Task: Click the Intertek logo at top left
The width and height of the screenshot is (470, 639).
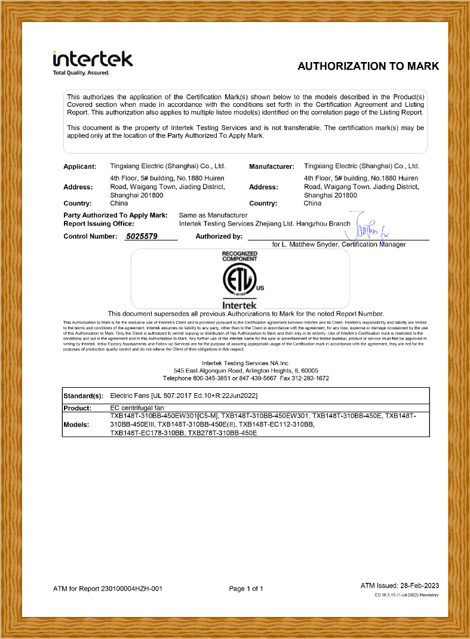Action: (x=93, y=59)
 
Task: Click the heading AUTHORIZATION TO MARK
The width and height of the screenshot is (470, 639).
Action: (x=368, y=66)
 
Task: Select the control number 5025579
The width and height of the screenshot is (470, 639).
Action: (x=142, y=237)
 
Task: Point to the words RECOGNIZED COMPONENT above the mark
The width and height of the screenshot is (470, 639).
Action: (x=239, y=257)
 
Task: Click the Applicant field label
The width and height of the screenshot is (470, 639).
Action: (x=79, y=166)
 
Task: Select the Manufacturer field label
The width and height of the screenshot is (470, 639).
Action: (x=271, y=166)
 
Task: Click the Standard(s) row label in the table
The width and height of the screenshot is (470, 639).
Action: (x=83, y=396)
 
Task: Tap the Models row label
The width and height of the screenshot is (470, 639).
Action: (x=77, y=424)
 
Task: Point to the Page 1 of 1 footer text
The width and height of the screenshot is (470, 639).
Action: (x=246, y=589)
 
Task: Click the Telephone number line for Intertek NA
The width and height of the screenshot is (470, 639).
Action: (x=245, y=378)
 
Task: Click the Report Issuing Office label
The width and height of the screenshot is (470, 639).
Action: (x=99, y=223)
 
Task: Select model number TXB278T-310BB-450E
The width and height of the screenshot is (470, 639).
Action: (x=222, y=433)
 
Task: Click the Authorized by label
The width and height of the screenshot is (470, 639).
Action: (x=219, y=237)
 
